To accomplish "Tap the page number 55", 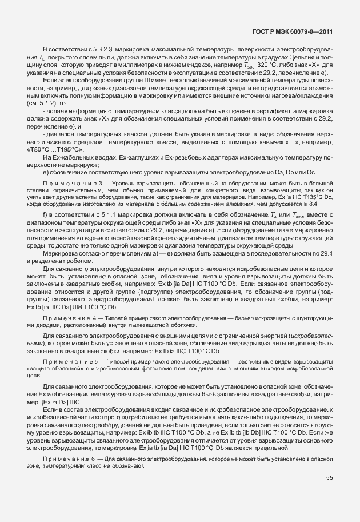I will click(329, 478).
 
